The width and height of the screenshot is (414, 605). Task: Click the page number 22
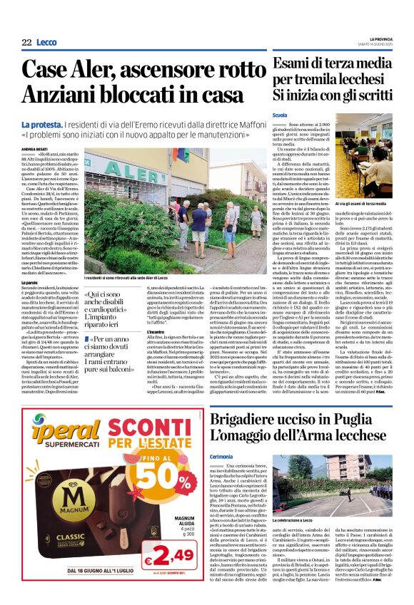26,42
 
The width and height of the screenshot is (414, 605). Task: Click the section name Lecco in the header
46,42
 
